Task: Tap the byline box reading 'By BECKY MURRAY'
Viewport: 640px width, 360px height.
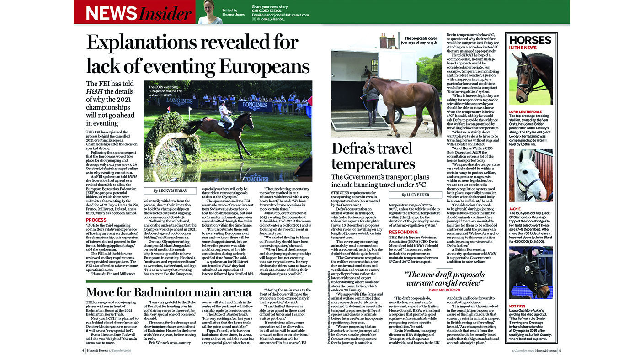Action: click(x=170, y=191)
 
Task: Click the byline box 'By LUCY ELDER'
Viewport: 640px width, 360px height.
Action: click(x=415, y=195)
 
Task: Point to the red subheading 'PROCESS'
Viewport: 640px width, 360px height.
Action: click(x=96, y=220)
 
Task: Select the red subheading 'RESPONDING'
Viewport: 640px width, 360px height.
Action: click(x=403, y=232)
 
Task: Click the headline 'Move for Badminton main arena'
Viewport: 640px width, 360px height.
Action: click(x=169, y=292)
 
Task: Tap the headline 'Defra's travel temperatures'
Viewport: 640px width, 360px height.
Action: click(x=373, y=156)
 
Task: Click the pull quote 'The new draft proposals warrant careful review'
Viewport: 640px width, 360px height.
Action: click(x=444, y=279)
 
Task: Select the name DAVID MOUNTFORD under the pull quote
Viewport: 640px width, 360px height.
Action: click(x=444, y=290)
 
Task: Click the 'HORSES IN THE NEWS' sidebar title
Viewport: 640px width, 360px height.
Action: click(x=530, y=42)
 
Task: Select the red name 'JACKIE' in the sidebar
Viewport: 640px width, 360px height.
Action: click(x=515, y=209)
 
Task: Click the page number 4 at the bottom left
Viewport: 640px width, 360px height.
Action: click(x=83, y=351)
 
